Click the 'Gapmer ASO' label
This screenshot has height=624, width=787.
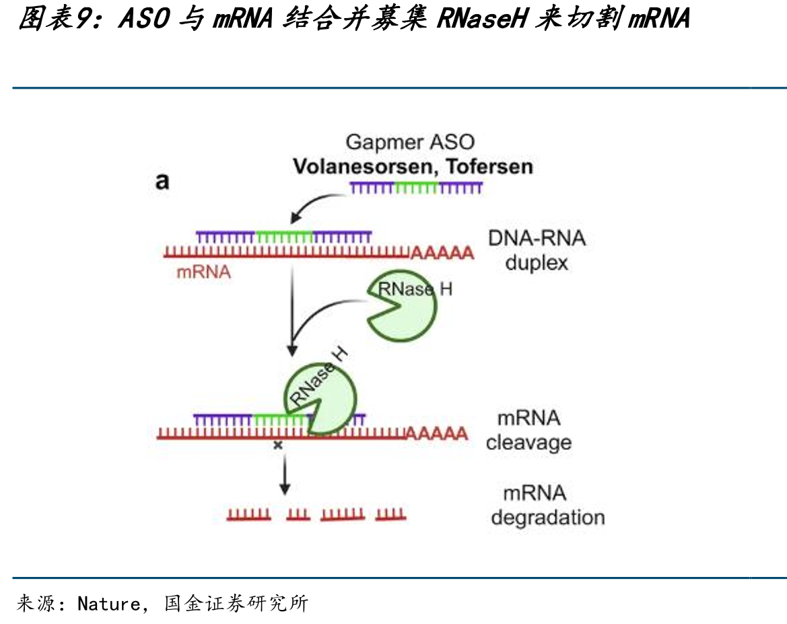click(410, 143)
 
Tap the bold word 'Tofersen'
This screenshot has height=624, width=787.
click(489, 166)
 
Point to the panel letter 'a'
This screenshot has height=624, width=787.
click(162, 182)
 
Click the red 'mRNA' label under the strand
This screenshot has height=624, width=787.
click(203, 272)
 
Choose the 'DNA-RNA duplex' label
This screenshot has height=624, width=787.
click(537, 250)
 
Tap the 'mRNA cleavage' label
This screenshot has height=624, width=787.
click(528, 430)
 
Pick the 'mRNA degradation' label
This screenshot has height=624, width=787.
click(547, 505)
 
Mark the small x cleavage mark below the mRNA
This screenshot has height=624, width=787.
click(277, 445)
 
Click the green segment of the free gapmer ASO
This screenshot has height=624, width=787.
click(417, 188)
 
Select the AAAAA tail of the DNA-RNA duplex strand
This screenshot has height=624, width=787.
click(443, 253)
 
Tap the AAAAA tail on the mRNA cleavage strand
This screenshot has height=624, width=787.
click(437, 433)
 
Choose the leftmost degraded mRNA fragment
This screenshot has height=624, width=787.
click(248, 514)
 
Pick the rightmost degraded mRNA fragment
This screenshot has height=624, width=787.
click(390, 514)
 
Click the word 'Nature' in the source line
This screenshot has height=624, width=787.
click(108, 603)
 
